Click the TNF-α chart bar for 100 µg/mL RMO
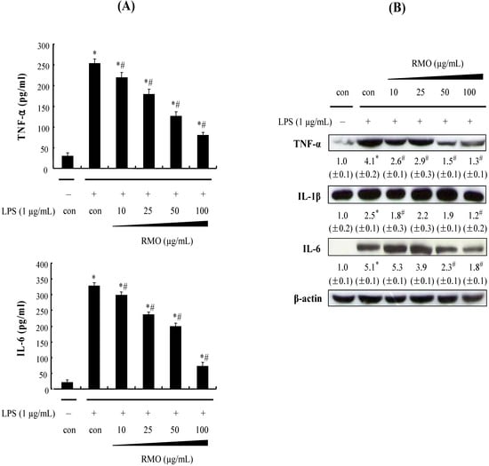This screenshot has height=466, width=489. (203, 150)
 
